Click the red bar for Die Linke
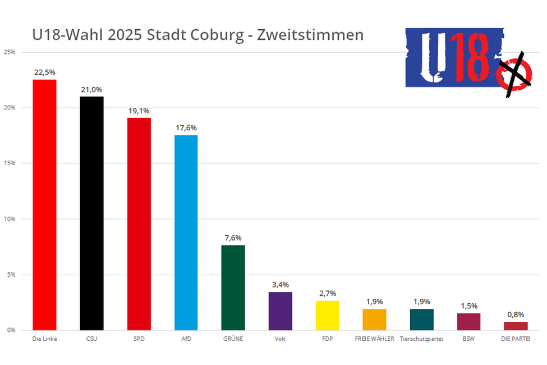point(44,205)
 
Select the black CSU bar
point(91,213)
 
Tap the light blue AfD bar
point(186,232)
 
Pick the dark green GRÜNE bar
point(233,288)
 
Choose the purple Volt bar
point(280,311)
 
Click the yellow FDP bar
point(327,315)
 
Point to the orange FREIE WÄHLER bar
point(374,320)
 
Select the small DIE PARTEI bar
point(516,326)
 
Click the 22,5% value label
point(44,72)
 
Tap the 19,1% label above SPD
point(139,111)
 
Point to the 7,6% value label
point(233,238)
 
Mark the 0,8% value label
point(516,314)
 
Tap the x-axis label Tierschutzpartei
point(421,339)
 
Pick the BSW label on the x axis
point(468,339)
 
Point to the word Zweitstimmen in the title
point(310,35)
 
